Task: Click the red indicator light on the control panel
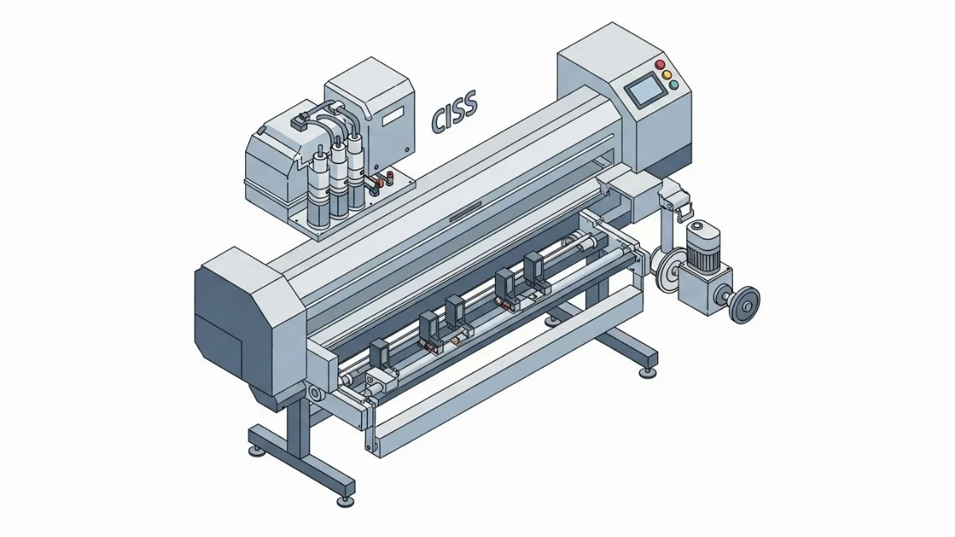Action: coord(661,64)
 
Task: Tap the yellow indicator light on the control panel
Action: coord(667,75)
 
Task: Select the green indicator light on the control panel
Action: coord(673,85)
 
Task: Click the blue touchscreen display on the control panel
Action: coord(645,89)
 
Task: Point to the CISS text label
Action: coord(454,110)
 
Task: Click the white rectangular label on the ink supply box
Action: coord(392,116)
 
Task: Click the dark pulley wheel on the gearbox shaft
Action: coord(744,304)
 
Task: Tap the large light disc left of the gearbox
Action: coord(666,271)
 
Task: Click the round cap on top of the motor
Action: coord(700,226)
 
